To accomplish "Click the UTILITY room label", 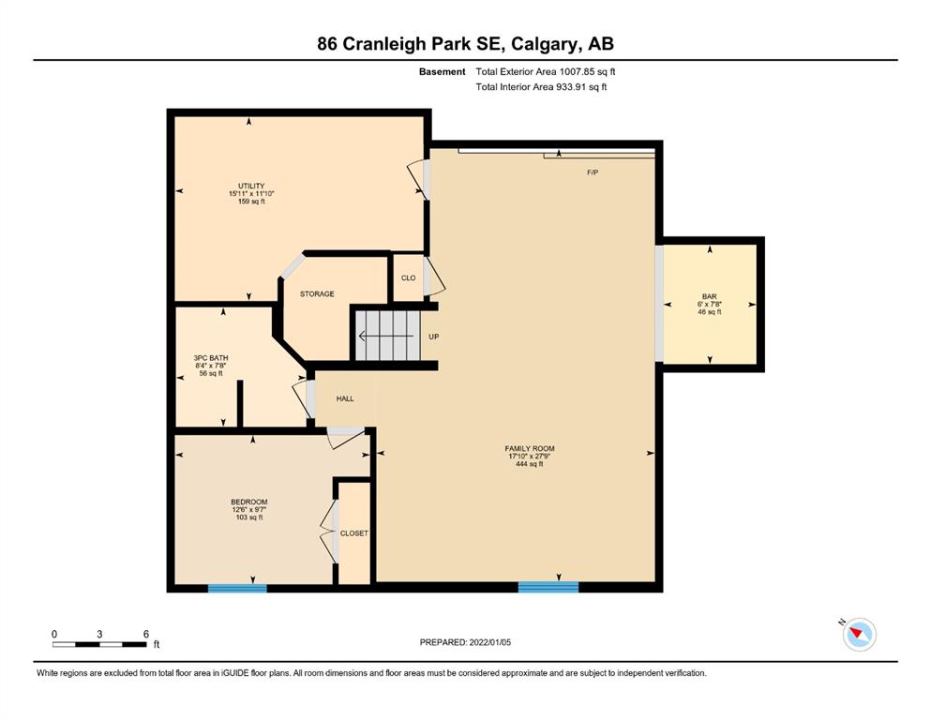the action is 251,186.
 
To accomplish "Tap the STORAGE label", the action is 317,293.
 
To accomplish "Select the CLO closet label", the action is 409,277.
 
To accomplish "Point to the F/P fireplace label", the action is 593,172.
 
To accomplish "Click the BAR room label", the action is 710,296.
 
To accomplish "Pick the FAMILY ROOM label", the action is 530,449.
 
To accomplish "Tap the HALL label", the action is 345,398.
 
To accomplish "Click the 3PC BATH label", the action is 211,358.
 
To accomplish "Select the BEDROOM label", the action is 249,502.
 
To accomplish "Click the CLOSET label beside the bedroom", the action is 353,533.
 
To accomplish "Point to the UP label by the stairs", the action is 434,337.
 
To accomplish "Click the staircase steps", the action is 388,336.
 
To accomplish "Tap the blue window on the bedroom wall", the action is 237,588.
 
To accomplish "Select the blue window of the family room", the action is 548,587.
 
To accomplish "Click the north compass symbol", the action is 860,634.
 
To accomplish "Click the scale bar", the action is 99,644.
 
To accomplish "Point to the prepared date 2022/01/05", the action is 489,642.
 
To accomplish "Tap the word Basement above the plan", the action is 443,72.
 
